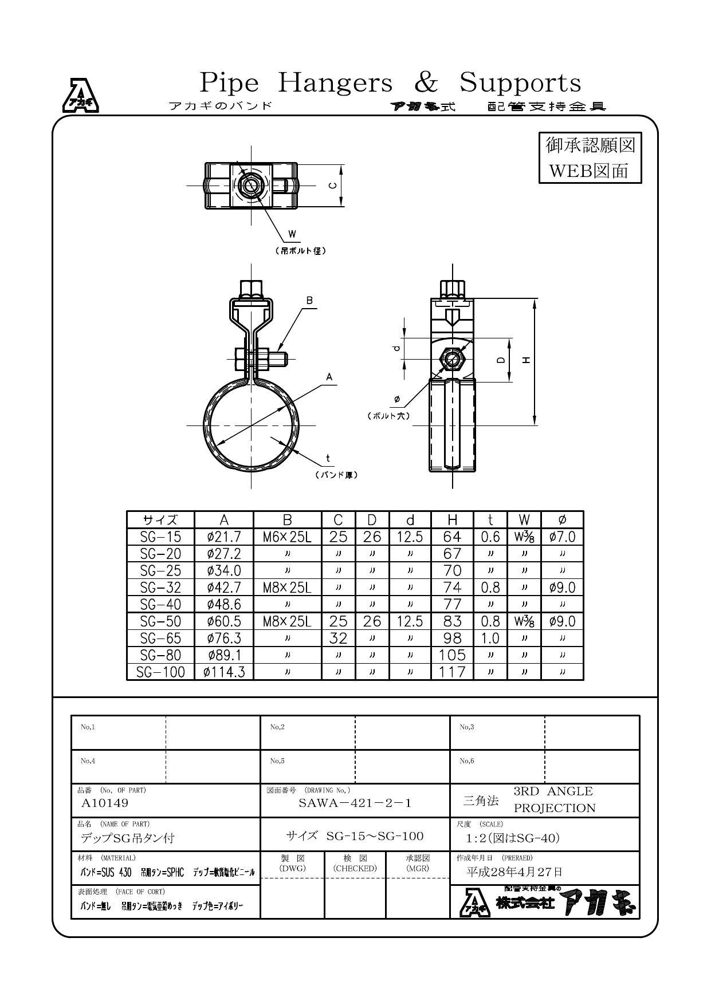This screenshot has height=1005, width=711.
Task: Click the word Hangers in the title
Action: pos(335,83)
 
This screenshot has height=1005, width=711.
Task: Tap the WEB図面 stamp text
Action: pos(589,171)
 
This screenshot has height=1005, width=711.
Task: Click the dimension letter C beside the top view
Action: pos(332,185)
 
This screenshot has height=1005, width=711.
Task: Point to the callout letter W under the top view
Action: pos(292,234)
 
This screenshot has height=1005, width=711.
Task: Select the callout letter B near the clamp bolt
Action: pos(309,301)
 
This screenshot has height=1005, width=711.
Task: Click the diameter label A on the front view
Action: pos(329,377)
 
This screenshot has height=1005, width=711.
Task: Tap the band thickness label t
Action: pos(328,458)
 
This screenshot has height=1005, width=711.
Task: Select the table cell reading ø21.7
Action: pos(224,537)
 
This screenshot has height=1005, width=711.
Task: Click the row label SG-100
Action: pos(161,672)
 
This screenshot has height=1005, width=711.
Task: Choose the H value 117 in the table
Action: pos(452,672)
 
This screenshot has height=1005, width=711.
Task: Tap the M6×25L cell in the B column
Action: pos(287,537)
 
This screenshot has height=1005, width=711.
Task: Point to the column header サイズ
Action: pos(161,520)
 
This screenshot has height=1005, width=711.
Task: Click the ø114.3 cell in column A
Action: pos(224,672)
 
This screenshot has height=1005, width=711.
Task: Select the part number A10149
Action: pos(105,803)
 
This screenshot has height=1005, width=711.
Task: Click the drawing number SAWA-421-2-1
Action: pos(355,803)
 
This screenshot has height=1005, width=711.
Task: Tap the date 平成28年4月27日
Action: pos(514,872)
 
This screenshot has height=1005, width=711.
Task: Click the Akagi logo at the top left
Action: pos(80,96)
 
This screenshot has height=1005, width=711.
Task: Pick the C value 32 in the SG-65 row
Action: pos(338,638)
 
